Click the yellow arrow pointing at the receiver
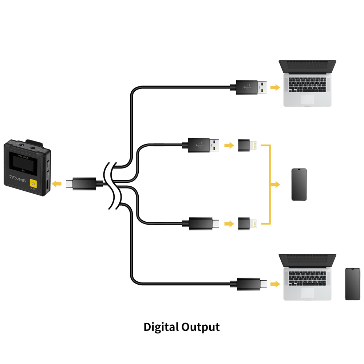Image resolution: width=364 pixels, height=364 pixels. point(56,184)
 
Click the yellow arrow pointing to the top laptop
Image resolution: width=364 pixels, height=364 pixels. point(276,87)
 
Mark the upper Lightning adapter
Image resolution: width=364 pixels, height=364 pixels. point(248,145)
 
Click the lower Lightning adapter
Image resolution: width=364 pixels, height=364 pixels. point(248,223)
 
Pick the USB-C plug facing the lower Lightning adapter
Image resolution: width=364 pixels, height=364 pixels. point(202,223)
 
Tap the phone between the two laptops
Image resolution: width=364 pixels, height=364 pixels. point(299,185)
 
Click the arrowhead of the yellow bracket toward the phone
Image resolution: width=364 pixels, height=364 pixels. point(276,185)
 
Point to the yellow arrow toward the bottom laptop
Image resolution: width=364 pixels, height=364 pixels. point(276,284)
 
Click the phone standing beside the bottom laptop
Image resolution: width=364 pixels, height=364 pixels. point(352,284)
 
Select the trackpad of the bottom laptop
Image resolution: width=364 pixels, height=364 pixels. point(308,293)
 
